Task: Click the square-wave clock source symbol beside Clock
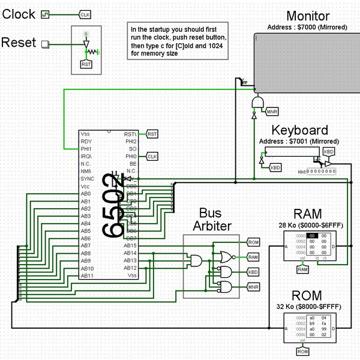click(44, 15)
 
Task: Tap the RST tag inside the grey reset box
click(86, 64)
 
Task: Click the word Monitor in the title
click(308, 16)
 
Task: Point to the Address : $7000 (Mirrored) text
click(308, 27)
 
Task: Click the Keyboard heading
click(299, 130)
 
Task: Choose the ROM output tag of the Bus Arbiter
click(253, 242)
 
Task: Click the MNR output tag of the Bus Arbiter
click(253, 287)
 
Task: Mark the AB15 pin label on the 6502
click(130, 246)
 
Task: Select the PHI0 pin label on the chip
click(131, 156)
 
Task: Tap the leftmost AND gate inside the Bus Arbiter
click(197, 260)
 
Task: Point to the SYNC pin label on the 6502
click(87, 179)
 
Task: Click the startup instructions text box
click(178, 41)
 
